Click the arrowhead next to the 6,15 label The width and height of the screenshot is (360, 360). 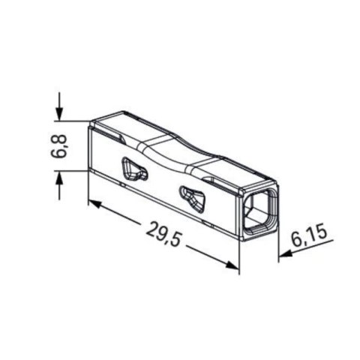tap(283, 255)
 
